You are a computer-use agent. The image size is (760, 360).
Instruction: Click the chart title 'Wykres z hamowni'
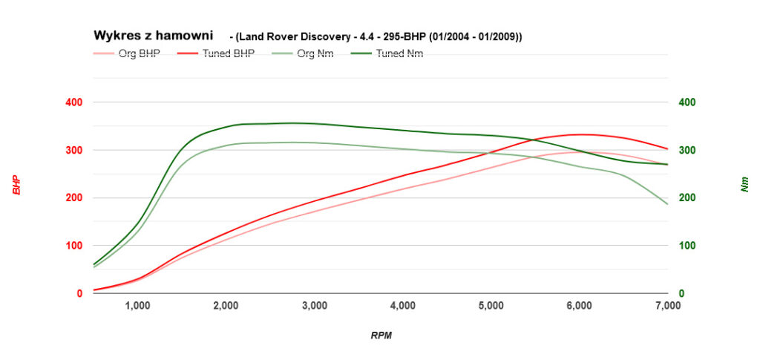[153, 35]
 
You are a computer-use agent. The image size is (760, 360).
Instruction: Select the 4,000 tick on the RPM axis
[403, 305]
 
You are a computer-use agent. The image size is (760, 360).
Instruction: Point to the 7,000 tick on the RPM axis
[668, 305]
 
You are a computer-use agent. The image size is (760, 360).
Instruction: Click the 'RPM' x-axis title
[381, 336]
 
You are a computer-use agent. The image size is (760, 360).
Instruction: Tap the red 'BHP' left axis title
[16, 185]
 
